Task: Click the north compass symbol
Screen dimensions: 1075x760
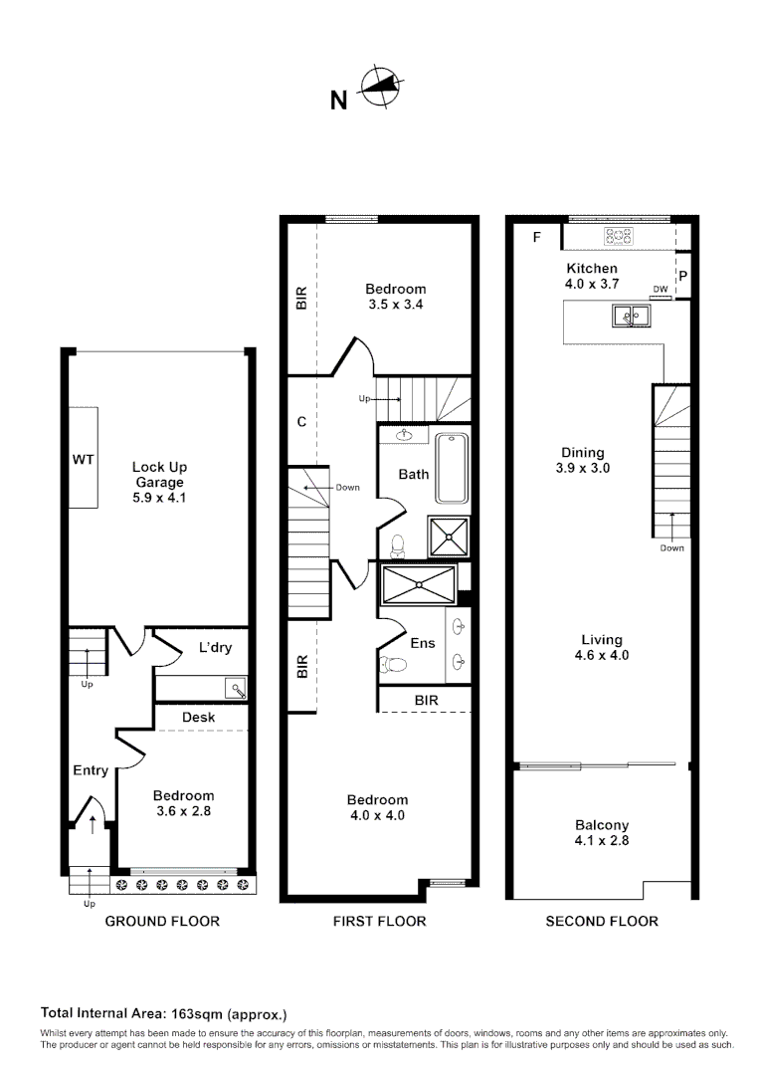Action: pyautogui.click(x=379, y=88)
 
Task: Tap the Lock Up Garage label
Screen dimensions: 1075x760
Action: pyautogui.click(x=159, y=482)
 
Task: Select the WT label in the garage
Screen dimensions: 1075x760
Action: pyautogui.click(x=83, y=461)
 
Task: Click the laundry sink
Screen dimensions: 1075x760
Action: pyautogui.click(x=235, y=688)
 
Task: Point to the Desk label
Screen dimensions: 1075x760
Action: pyautogui.click(x=199, y=717)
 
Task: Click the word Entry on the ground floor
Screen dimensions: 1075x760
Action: pyautogui.click(x=91, y=770)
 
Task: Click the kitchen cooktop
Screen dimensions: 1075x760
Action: pyautogui.click(x=620, y=236)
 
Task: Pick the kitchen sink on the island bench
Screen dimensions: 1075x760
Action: pyautogui.click(x=631, y=317)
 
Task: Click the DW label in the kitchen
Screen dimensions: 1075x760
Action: pyautogui.click(x=660, y=290)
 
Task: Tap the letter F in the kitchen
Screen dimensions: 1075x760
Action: pyautogui.click(x=537, y=237)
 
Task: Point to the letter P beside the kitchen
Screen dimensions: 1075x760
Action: pyautogui.click(x=683, y=275)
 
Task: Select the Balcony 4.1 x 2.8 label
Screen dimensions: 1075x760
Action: pyautogui.click(x=602, y=832)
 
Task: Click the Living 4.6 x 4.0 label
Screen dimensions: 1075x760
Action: pyautogui.click(x=602, y=647)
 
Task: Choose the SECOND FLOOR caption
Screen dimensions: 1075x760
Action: pyautogui.click(x=602, y=921)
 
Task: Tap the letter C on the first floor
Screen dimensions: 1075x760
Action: pyautogui.click(x=301, y=421)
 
